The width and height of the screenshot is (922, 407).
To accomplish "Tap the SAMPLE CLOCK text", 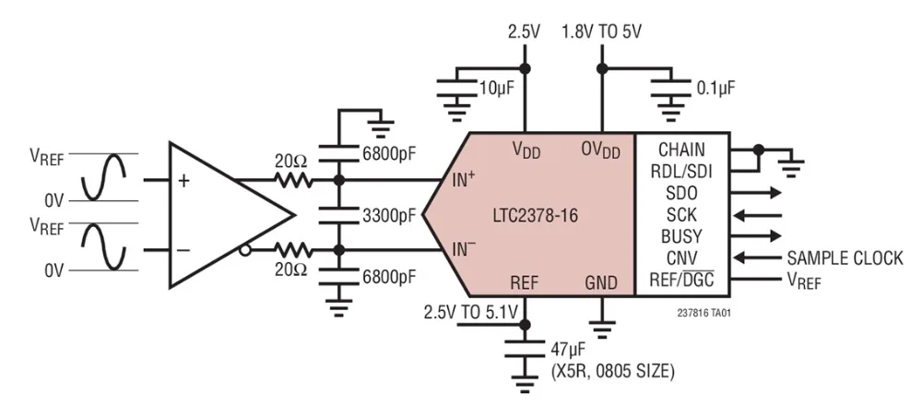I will point(845,257).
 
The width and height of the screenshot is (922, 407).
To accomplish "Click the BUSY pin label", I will point(681,235).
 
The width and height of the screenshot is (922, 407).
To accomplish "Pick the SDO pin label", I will point(681,193).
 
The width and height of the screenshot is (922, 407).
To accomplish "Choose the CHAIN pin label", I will point(681,150).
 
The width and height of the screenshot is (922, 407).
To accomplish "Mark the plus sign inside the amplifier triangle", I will point(183,181).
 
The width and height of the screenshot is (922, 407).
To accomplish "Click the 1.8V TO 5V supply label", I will point(602,32).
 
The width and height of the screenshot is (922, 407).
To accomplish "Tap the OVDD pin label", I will point(600,150).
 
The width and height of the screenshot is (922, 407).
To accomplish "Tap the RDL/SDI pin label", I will point(681,171).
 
